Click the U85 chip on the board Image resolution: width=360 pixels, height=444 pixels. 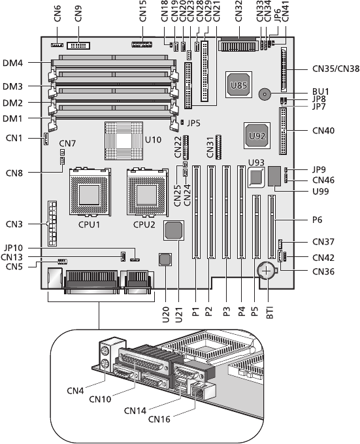239,85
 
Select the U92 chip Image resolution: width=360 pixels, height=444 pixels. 257,135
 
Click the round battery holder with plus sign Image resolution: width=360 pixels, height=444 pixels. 267,271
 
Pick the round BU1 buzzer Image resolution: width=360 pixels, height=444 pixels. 265,94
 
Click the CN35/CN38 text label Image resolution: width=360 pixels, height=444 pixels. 336,69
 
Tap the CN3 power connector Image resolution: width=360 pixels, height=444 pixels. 52,224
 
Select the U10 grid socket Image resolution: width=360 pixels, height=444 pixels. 123,141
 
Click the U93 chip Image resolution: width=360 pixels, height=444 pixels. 256,177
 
